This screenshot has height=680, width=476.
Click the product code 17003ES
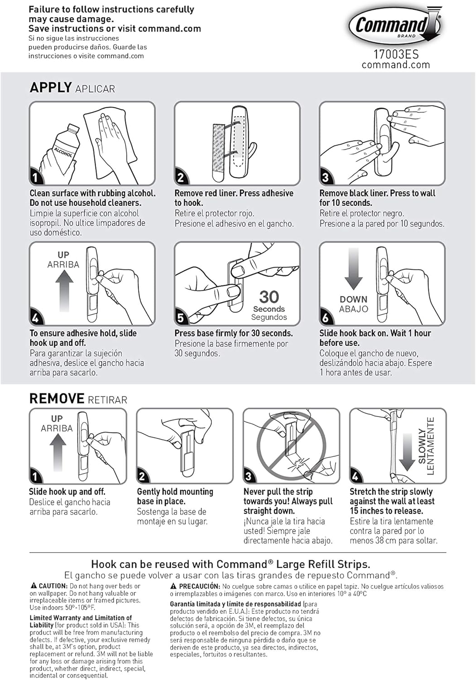coord(395,54)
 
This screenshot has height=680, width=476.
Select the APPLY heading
coord(51,87)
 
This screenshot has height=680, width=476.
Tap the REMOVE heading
coord(57,398)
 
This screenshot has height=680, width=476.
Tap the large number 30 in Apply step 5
coord(269,297)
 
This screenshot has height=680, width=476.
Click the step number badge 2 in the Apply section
coord(181,177)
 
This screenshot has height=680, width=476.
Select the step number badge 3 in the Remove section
coord(249,476)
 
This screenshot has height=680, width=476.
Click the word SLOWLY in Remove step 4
coord(422,446)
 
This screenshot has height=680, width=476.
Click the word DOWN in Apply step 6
coord(353,299)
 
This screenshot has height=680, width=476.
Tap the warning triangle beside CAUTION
coord(34,586)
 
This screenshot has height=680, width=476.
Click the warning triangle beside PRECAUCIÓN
coord(173,586)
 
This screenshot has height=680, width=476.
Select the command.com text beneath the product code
coord(395,65)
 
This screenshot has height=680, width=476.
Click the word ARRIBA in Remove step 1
coord(57,428)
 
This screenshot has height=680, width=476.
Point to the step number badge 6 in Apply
coord(325,318)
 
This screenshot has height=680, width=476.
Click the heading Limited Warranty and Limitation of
coord(81,617)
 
